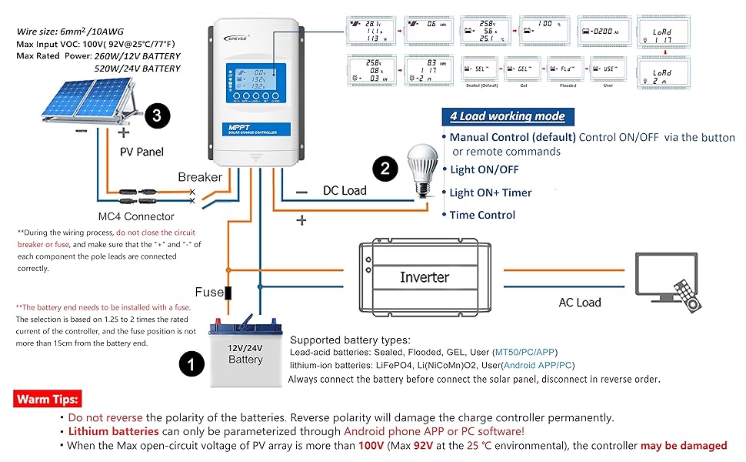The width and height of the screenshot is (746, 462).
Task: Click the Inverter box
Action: (x=424, y=277)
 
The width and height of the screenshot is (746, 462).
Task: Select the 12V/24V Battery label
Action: (x=245, y=353)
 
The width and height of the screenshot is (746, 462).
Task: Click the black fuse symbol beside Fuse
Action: (x=228, y=293)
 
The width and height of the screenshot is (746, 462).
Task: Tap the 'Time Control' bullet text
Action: (x=482, y=215)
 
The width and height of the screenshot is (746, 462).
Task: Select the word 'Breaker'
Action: (x=200, y=176)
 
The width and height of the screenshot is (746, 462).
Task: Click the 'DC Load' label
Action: (x=345, y=190)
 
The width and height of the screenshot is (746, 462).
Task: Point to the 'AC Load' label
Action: (x=580, y=302)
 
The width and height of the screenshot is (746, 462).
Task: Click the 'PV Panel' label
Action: (x=142, y=152)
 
